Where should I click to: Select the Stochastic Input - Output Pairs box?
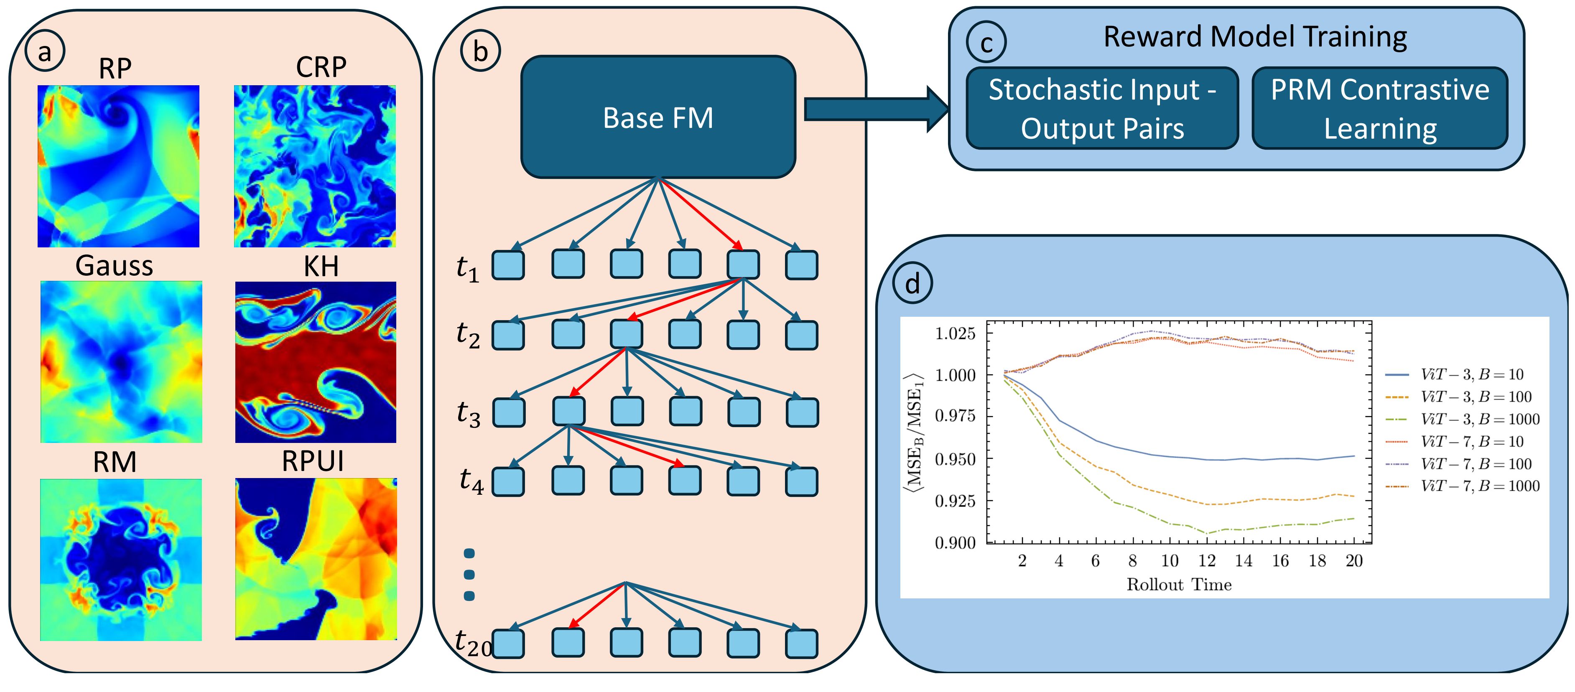coord(1102,108)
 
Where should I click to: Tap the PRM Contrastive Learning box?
coord(1380,108)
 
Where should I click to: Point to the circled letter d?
coord(912,284)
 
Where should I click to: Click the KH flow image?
coord(316,362)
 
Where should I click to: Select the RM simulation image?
coord(121,560)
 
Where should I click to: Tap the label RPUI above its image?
coord(312,461)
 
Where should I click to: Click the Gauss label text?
coord(115,266)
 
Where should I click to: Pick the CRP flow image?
coord(315,166)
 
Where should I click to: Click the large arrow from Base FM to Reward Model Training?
coord(877,109)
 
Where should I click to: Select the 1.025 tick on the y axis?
coord(955,334)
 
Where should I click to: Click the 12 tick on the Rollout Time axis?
coord(1206,560)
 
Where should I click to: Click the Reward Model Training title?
coord(1255,37)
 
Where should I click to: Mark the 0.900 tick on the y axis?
coord(955,543)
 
